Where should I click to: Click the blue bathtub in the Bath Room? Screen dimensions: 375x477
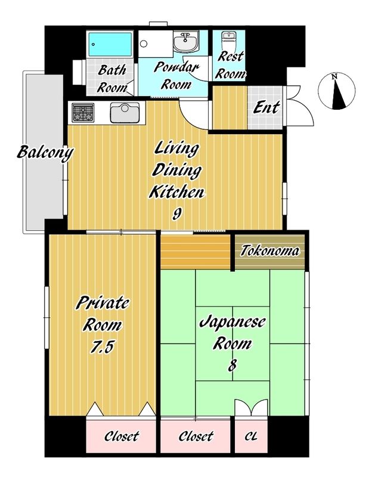click(x=110, y=44)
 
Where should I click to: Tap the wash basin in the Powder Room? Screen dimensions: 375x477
click(x=186, y=42)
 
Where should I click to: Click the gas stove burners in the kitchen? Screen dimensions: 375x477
click(x=83, y=113)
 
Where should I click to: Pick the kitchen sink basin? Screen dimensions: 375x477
click(x=125, y=113)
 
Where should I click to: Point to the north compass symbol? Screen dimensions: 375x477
click(x=337, y=91)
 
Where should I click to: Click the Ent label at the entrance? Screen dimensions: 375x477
click(x=266, y=107)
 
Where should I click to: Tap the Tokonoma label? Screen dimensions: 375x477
click(x=269, y=251)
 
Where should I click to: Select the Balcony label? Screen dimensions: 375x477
click(x=45, y=153)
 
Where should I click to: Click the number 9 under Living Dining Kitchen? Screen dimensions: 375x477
click(x=176, y=214)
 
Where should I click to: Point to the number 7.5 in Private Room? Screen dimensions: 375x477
click(x=102, y=346)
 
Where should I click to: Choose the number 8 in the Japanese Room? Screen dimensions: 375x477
click(x=233, y=365)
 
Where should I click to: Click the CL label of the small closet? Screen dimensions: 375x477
click(x=251, y=437)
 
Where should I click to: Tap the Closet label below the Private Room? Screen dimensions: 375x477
click(x=122, y=436)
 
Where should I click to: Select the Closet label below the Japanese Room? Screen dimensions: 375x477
click(x=196, y=436)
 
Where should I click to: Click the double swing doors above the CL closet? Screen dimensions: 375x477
click(x=251, y=408)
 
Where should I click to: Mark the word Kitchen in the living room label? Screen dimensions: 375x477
click(x=176, y=191)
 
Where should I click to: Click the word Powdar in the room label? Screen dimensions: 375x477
click(x=176, y=67)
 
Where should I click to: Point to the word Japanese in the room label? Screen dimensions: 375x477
click(x=233, y=323)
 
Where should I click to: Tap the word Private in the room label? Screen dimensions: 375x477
click(x=102, y=303)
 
